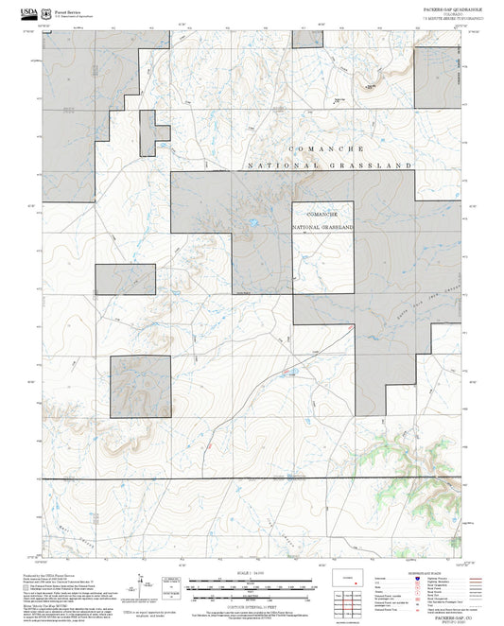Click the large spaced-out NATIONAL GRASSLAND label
coord(330,165)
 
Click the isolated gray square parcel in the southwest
coord(140,387)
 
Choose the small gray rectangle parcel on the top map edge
coord(306,37)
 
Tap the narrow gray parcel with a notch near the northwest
coord(148,132)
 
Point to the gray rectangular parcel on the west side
coord(124,279)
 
